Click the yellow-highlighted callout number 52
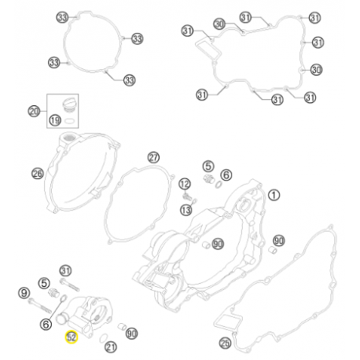72,337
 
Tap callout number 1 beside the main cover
274,195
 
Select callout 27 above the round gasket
153,157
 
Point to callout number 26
38,174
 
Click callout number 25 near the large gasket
226,343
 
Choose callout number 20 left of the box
34,112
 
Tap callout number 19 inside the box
55,120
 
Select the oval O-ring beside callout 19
70,121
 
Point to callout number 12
185,184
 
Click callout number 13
186,210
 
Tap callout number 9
24,293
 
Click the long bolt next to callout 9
39,306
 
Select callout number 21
111,347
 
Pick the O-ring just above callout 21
104,338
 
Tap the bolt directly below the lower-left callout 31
69,285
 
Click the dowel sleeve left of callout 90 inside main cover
206,245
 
